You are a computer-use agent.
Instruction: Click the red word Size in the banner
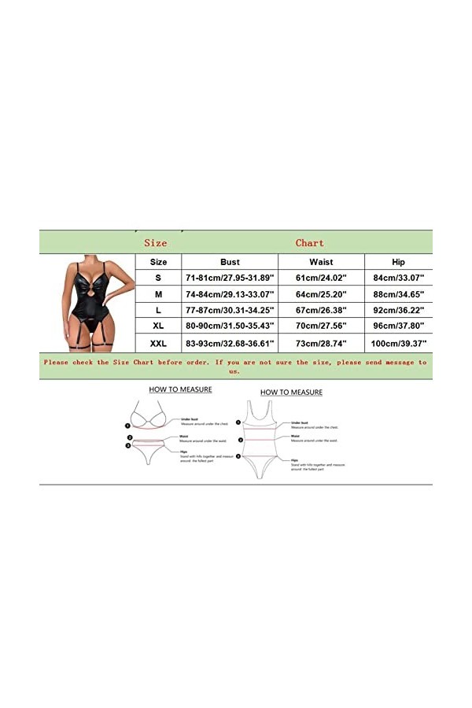coord(156,243)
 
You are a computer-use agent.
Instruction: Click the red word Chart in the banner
coord(309,243)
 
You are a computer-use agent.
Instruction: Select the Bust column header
coord(230,262)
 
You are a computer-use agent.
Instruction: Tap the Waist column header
coord(321,262)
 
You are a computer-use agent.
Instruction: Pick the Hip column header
coord(398,262)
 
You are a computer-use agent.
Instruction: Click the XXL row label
coord(158,344)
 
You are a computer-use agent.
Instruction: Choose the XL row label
coord(158,323)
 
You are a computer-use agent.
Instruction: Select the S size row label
coord(158,278)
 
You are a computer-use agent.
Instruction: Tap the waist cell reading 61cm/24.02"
coord(321,278)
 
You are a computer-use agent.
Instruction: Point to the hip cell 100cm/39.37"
coord(398,344)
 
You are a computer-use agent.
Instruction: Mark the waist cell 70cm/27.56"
coord(321,323)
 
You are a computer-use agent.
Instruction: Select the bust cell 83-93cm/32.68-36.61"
coord(230,344)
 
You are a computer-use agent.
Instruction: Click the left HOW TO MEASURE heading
coord(180,389)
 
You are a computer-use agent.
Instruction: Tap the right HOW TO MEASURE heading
coord(291,392)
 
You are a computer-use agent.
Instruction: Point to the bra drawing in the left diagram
coord(149,417)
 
